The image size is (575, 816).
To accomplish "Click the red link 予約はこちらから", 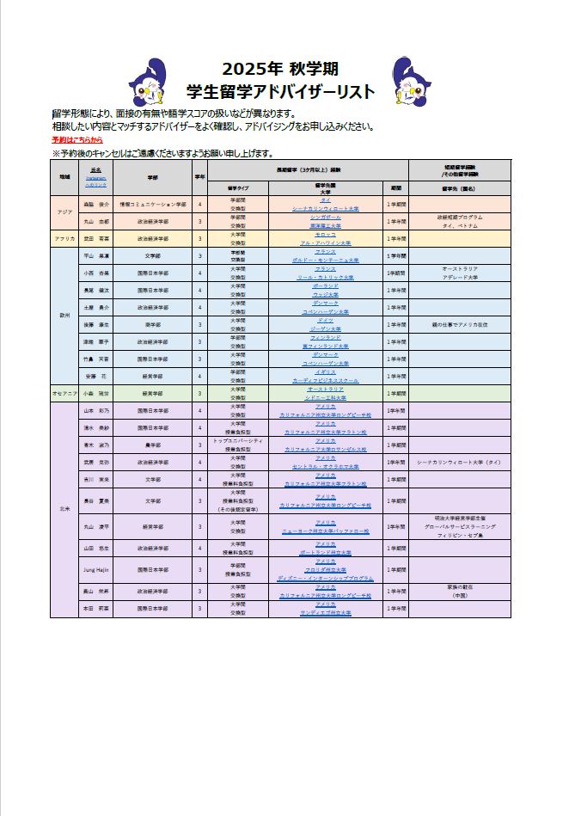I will coord(77,139).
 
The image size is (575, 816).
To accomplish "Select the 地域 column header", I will coord(64,176).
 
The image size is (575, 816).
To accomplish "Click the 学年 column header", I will coord(200,176).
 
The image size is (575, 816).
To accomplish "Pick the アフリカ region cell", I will coord(64,237).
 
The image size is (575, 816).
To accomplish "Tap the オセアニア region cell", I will coord(64,393).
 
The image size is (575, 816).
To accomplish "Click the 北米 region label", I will coord(64,509).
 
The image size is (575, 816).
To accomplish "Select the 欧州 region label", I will coord(64,315).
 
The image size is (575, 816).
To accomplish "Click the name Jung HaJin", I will coord(94,569).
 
